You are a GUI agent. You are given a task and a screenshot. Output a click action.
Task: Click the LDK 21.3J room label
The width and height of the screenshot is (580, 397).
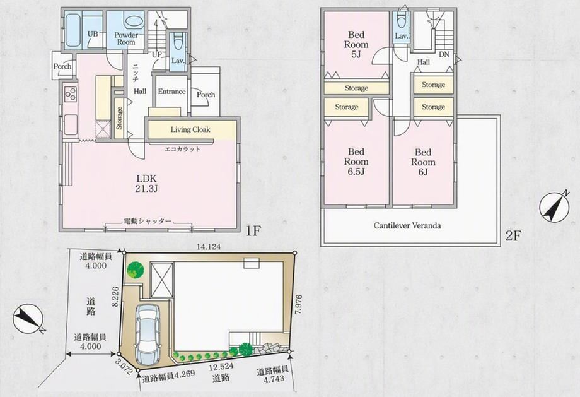point(147,184)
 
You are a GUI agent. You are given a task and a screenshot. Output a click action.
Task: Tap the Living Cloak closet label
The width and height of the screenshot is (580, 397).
point(190,129)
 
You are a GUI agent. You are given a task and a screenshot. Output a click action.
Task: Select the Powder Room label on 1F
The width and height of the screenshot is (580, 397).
point(126,39)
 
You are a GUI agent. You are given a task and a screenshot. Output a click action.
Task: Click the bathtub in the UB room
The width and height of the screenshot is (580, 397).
point(73,29)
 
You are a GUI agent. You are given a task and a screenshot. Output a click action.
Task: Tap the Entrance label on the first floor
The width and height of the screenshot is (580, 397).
point(171,92)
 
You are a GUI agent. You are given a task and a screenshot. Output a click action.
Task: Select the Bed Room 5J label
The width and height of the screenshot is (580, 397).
point(356,45)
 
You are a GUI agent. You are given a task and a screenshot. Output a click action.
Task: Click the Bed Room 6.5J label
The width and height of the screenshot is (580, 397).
point(356,162)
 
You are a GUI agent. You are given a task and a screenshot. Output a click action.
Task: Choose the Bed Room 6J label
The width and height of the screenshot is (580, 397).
point(423,162)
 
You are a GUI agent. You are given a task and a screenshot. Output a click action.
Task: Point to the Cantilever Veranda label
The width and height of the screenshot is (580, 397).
point(407,225)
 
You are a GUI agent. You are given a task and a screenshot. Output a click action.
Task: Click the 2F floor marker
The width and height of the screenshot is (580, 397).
point(513,236)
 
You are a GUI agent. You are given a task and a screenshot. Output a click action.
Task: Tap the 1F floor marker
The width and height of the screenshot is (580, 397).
point(253,231)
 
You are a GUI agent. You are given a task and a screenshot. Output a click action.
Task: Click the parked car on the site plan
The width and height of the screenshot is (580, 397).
point(148,335)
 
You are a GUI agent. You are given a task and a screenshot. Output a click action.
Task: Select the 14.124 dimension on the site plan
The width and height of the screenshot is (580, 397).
point(209,247)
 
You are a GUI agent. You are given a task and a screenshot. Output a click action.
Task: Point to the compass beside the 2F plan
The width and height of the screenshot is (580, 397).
point(554,207)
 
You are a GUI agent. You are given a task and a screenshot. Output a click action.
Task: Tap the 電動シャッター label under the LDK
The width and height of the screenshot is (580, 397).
point(148,222)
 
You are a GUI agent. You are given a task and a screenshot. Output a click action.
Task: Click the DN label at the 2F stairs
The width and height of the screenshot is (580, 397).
point(444,54)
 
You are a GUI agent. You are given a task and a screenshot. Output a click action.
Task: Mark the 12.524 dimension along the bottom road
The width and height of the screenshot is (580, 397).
point(220,368)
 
